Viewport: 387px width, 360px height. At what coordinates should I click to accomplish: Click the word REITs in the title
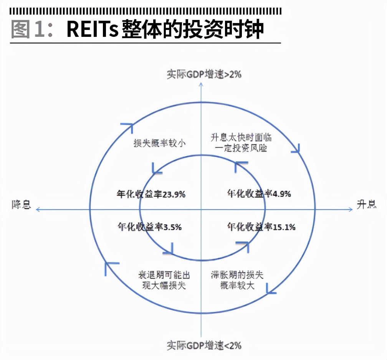tap(92, 29)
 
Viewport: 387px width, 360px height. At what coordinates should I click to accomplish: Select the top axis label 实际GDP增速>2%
tap(204, 74)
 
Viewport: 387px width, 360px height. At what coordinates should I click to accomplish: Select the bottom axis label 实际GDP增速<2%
tap(204, 345)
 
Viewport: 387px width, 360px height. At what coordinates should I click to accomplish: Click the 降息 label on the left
tap(21, 205)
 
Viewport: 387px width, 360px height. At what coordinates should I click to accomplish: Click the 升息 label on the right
tap(366, 205)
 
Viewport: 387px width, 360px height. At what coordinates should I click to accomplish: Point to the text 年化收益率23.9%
tap(151, 194)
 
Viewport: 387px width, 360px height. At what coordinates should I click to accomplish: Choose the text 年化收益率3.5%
tap(149, 227)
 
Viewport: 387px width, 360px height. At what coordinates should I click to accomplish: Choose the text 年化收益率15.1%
tap(261, 227)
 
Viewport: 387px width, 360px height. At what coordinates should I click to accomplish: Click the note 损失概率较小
tap(159, 143)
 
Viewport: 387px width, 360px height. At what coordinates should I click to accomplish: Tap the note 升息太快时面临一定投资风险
tap(241, 142)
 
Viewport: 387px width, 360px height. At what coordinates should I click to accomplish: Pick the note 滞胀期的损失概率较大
tap(237, 280)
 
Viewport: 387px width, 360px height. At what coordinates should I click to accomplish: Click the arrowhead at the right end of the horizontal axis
tap(350, 209)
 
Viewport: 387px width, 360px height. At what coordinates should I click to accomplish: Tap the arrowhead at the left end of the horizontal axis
tap(38, 209)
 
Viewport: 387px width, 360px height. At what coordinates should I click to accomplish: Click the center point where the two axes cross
tap(201, 209)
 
